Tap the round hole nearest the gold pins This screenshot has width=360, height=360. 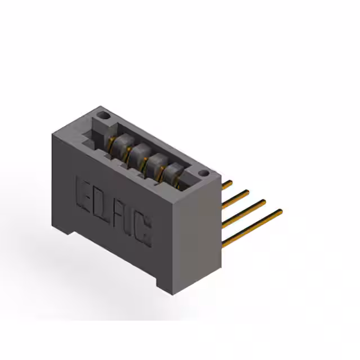(204, 173)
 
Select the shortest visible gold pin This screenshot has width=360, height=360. (227, 184)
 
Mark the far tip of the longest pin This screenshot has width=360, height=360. (280, 211)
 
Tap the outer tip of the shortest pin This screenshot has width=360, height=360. (231, 182)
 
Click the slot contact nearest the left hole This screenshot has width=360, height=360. (119, 143)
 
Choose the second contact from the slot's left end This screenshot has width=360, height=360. (137, 153)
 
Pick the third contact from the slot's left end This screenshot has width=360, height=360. (155, 163)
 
